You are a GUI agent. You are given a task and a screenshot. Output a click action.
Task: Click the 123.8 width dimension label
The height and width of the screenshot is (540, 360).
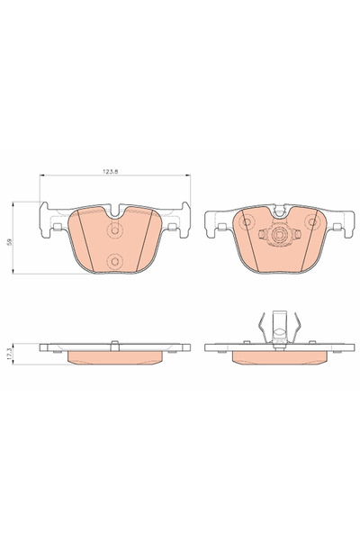click(110, 171)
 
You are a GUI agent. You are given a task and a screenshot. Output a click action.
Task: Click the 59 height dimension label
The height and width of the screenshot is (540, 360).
click(10, 242)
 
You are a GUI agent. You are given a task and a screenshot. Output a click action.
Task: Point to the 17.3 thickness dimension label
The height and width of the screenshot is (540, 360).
click(9, 355)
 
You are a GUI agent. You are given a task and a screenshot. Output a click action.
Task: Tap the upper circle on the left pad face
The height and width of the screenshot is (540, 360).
click(114, 229)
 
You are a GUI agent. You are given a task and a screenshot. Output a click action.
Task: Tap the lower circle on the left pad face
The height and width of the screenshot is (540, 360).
click(114, 262)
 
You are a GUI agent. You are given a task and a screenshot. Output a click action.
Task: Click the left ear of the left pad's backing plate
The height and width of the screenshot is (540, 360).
click(45, 220)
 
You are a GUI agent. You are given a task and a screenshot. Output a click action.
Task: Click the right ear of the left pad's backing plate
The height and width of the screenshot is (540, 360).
click(184, 220)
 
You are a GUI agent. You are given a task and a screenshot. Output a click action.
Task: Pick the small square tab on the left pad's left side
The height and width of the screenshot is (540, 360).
click(58, 227)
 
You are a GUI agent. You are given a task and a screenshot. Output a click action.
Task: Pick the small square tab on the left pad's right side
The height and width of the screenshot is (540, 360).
click(172, 227)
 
